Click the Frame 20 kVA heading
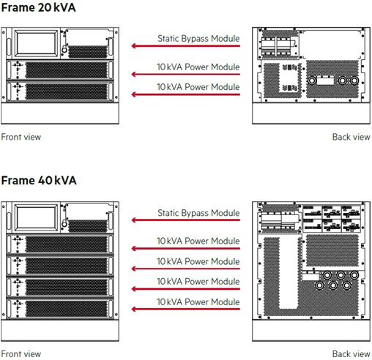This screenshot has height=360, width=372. pyautogui.click(x=38, y=7)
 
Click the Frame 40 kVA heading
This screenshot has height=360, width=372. pyautogui.click(x=39, y=181)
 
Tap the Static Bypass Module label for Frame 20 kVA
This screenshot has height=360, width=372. pyautogui.click(x=198, y=39)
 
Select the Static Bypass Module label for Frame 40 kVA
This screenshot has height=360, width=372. pyautogui.click(x=198, y=213)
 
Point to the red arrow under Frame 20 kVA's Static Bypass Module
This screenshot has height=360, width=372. pyautogui.click(x=185, y=46)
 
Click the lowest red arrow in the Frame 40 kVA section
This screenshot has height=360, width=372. pyautogui.click(x=185, y=310)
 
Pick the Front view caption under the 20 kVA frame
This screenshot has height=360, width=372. pyautogui.click(x=21, y=137)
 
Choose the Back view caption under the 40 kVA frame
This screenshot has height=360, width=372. pyautogui.click(x=351, y=354)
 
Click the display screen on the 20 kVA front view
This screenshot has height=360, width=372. pyautogui.click(x=36, y=44)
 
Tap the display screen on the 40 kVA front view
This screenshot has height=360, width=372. pyautogui.click(x=36, y=218)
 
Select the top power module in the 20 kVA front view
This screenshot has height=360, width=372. pyautogui.click(x=60, y=70)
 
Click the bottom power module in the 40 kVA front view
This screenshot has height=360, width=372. pyautogui.click(x=60, y=309)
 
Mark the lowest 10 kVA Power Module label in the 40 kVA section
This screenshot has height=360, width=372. pyautogui.click(x=198, y=302)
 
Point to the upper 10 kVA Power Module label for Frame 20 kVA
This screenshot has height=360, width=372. pyautogui.click(x=198, y=67)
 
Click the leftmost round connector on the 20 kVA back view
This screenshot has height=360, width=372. pyautogui.click(x=311, y=80)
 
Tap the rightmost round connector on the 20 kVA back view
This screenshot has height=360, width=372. pyautogui.click(x=354, y=80)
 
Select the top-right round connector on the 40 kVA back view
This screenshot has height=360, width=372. pyautogui.click(x=354, y=275)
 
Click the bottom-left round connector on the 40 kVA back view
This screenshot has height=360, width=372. pyautogui.click(x=319, y=285)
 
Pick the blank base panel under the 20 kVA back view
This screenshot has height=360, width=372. pyautogui.click(x=311, y=113)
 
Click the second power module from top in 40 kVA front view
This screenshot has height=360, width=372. pyautogui.click(x=60, y=265)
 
